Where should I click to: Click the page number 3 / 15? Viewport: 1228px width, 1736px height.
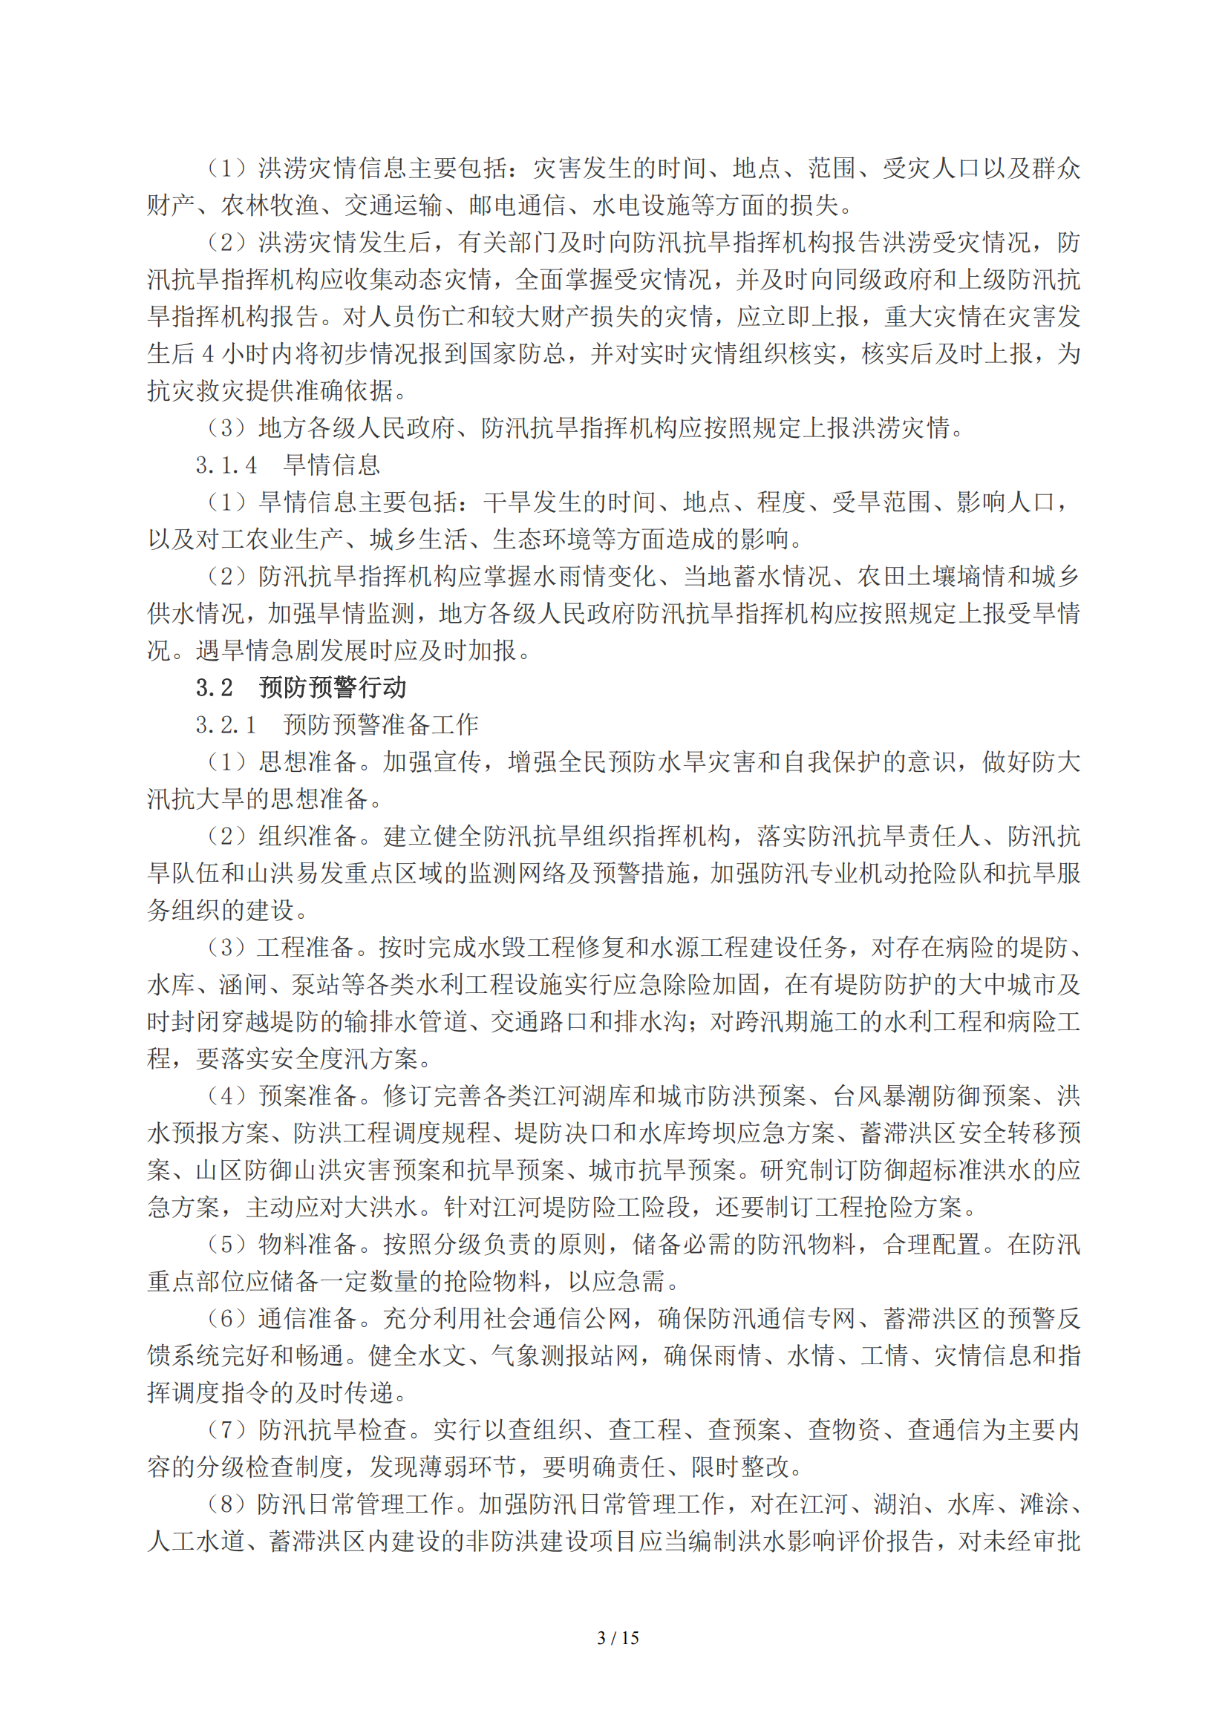click(618, 1638)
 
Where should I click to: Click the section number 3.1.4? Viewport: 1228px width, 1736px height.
click(226, 465)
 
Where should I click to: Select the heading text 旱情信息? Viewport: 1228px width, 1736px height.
click(332, 465)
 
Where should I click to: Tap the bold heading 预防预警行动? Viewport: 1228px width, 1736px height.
click(333, 687)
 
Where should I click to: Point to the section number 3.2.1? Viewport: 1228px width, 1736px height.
click(226, 724)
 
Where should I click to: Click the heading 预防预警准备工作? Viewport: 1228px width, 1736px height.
click(381, 724)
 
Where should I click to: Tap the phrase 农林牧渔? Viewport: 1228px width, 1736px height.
click(270, 205)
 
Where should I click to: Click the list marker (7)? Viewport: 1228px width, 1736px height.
click(227, 1429)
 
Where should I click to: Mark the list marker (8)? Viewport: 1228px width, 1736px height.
click(227, 1504)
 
